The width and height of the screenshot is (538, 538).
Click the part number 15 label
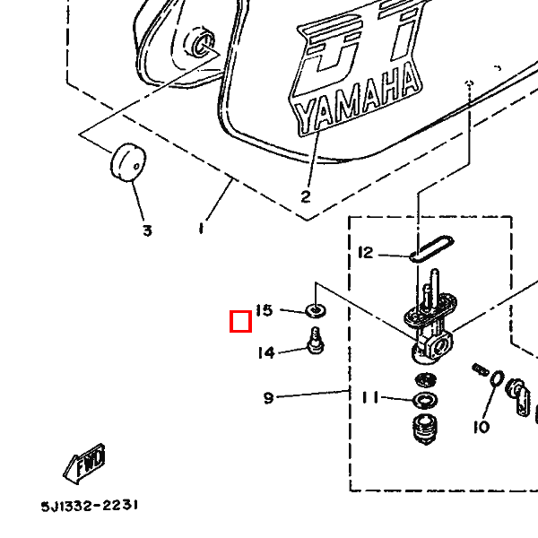[x=264, y=310]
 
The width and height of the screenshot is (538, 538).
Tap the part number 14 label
[x=266, y=352]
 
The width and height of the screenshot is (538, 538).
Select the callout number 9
[x=268, y=397]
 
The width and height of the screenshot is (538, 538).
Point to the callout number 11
[x=370, y=397]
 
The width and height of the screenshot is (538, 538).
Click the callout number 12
[x=365, y=253]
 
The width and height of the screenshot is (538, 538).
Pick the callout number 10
[x=482, y=427]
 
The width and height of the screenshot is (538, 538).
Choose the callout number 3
[x=147, y=230]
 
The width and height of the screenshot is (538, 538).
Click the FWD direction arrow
[x=85, y=464]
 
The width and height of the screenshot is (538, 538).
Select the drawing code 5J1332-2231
[x=89, y=506]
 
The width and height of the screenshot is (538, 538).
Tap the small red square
[x=239, y=320]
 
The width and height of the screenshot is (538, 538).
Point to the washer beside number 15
[x=316, y=311]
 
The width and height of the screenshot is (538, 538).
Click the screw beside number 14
[x=316, y=341]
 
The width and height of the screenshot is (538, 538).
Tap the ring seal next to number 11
[x=425, y=397]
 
